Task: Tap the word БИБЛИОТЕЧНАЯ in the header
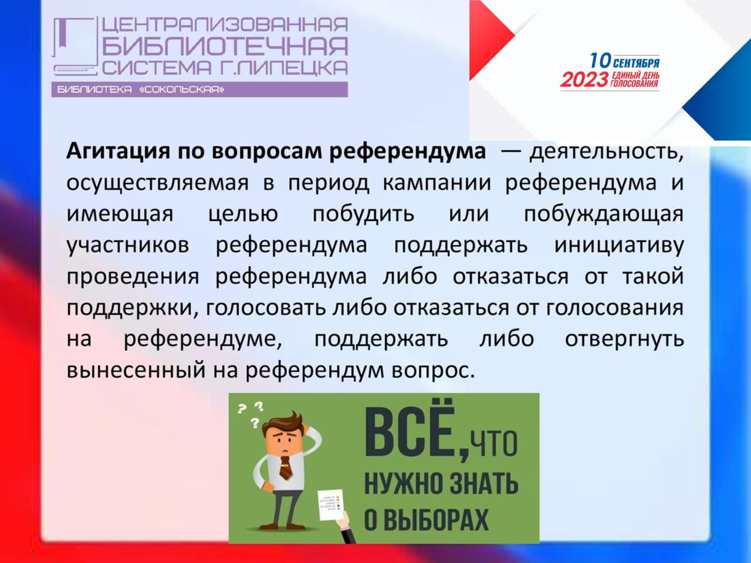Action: click(x=225, y=46)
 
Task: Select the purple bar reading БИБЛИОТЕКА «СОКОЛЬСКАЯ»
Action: click(x=200, y=90)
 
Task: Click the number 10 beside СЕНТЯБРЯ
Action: click(x=600, y=61)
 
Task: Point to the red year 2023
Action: click(x=584, y=80)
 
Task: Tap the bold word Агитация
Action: click(x=118, y=151)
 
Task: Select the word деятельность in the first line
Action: click(x=606, y=151)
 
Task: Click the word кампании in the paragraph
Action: click(x=437, y=183)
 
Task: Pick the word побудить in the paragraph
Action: click(x=363, y=214)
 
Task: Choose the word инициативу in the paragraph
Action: click(x=619, y=246)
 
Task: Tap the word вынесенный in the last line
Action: click(x=136, y=371)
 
